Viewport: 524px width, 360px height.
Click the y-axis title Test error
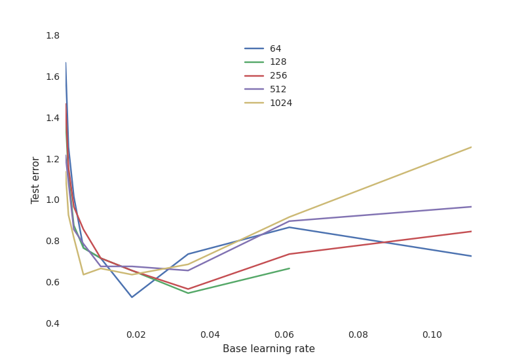[x=36, y=180]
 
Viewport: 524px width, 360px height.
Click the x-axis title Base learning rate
[x=269, y=349]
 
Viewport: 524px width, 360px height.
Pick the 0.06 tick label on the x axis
[x=284, y=334]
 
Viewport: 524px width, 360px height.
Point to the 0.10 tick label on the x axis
[x=432, y=334]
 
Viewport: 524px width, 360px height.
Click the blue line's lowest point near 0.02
[x=132, y=297]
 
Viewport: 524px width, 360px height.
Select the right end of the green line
[x=289, y=268]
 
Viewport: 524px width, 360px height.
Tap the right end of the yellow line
[x=471, y=147]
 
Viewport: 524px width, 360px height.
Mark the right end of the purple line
[x=471, y=207]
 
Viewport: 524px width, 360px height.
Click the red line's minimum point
[x=189, y=289]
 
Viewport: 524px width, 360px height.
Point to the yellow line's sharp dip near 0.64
[x=83, y=274]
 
